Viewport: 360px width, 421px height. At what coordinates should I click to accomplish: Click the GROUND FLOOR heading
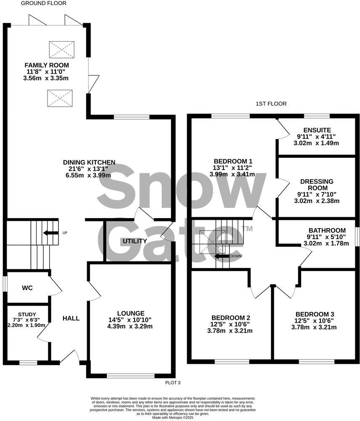[x=44, y=3]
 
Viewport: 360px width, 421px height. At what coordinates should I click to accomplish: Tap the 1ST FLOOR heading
[x=271, y=103]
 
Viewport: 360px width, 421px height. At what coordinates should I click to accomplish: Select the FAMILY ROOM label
[x=46, y=65]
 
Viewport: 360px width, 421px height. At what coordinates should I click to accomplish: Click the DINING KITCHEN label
[x=89, y=162]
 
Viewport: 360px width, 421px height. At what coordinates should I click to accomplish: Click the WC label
[x=27, y=288]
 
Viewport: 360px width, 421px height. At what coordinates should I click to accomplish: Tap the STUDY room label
[x=27, y=314]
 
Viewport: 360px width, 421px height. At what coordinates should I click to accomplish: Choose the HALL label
[x=71, y=318]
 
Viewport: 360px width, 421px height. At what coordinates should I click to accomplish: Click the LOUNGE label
[x=131, y=313]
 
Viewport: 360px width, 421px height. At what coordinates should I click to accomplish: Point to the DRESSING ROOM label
[x=317, y=184]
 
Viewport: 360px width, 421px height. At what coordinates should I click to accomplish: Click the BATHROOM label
[x=327, y=230]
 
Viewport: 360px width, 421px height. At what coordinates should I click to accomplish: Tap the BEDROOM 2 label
[x=231, y=317]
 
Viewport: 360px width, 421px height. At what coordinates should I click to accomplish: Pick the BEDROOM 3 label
[x=315, y=314]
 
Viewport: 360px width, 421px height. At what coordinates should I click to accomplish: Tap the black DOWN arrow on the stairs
[x=222, y=256]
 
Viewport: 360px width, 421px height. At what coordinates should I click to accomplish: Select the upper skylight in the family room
[x=61, y=49]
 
